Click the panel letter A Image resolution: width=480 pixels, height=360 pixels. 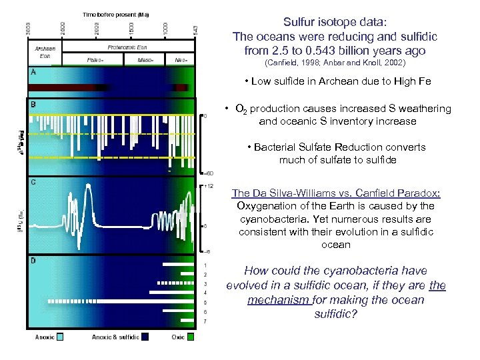[33, 71]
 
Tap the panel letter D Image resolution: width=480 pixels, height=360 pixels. [33, 261]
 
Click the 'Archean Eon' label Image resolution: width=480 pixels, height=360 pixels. [45, 52]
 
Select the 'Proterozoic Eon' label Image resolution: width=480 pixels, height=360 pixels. [127, 47]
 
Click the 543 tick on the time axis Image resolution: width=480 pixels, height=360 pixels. [194, 31]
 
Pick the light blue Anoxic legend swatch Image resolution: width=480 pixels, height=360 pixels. [59, 337]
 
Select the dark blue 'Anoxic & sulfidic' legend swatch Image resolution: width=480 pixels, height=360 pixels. [145, 337]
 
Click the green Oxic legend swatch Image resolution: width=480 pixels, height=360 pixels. [191, 337]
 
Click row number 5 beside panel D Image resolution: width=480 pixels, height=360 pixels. [205, 303]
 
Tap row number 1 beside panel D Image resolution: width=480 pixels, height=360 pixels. [205, 265]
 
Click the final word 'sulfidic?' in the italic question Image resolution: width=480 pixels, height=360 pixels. [335, 314]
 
